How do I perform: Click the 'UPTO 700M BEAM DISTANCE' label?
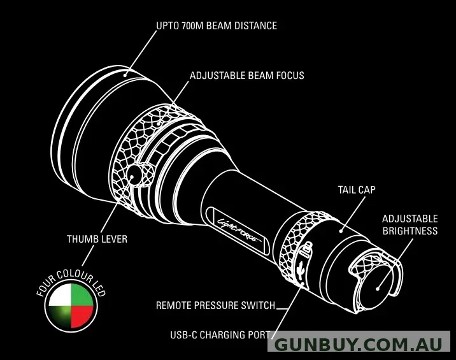217,26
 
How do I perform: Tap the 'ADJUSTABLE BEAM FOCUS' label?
247,76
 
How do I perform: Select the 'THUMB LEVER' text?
97,239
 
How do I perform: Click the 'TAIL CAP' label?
357,190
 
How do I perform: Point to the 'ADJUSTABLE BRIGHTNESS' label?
410,225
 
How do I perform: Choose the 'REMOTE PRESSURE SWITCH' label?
215,306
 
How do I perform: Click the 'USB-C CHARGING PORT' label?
220,335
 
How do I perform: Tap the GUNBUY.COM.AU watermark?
359,345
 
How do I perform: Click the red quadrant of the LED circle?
82,316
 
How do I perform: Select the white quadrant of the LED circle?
61,296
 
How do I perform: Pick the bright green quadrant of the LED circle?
82,296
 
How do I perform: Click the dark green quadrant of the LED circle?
61,316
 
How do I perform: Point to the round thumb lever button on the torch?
134,176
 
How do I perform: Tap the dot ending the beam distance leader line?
125,75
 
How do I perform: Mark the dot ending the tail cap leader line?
341,231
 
